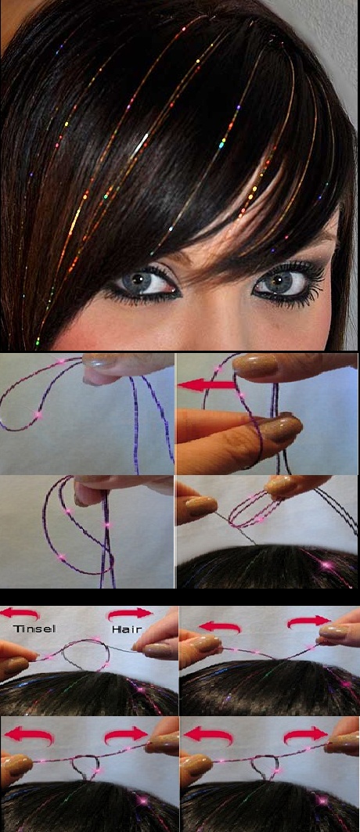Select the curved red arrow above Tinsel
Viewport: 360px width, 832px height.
(20, 614)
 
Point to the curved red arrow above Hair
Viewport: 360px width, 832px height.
(129, 614)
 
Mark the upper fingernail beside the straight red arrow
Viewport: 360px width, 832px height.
(255, 365)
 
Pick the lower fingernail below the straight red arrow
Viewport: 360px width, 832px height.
(281, 428)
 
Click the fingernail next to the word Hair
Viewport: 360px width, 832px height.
(157, 650)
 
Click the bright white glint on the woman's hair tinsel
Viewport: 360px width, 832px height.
(140, 144)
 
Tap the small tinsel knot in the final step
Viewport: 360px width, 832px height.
(265, 767)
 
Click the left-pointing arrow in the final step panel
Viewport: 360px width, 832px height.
(207, 735)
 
